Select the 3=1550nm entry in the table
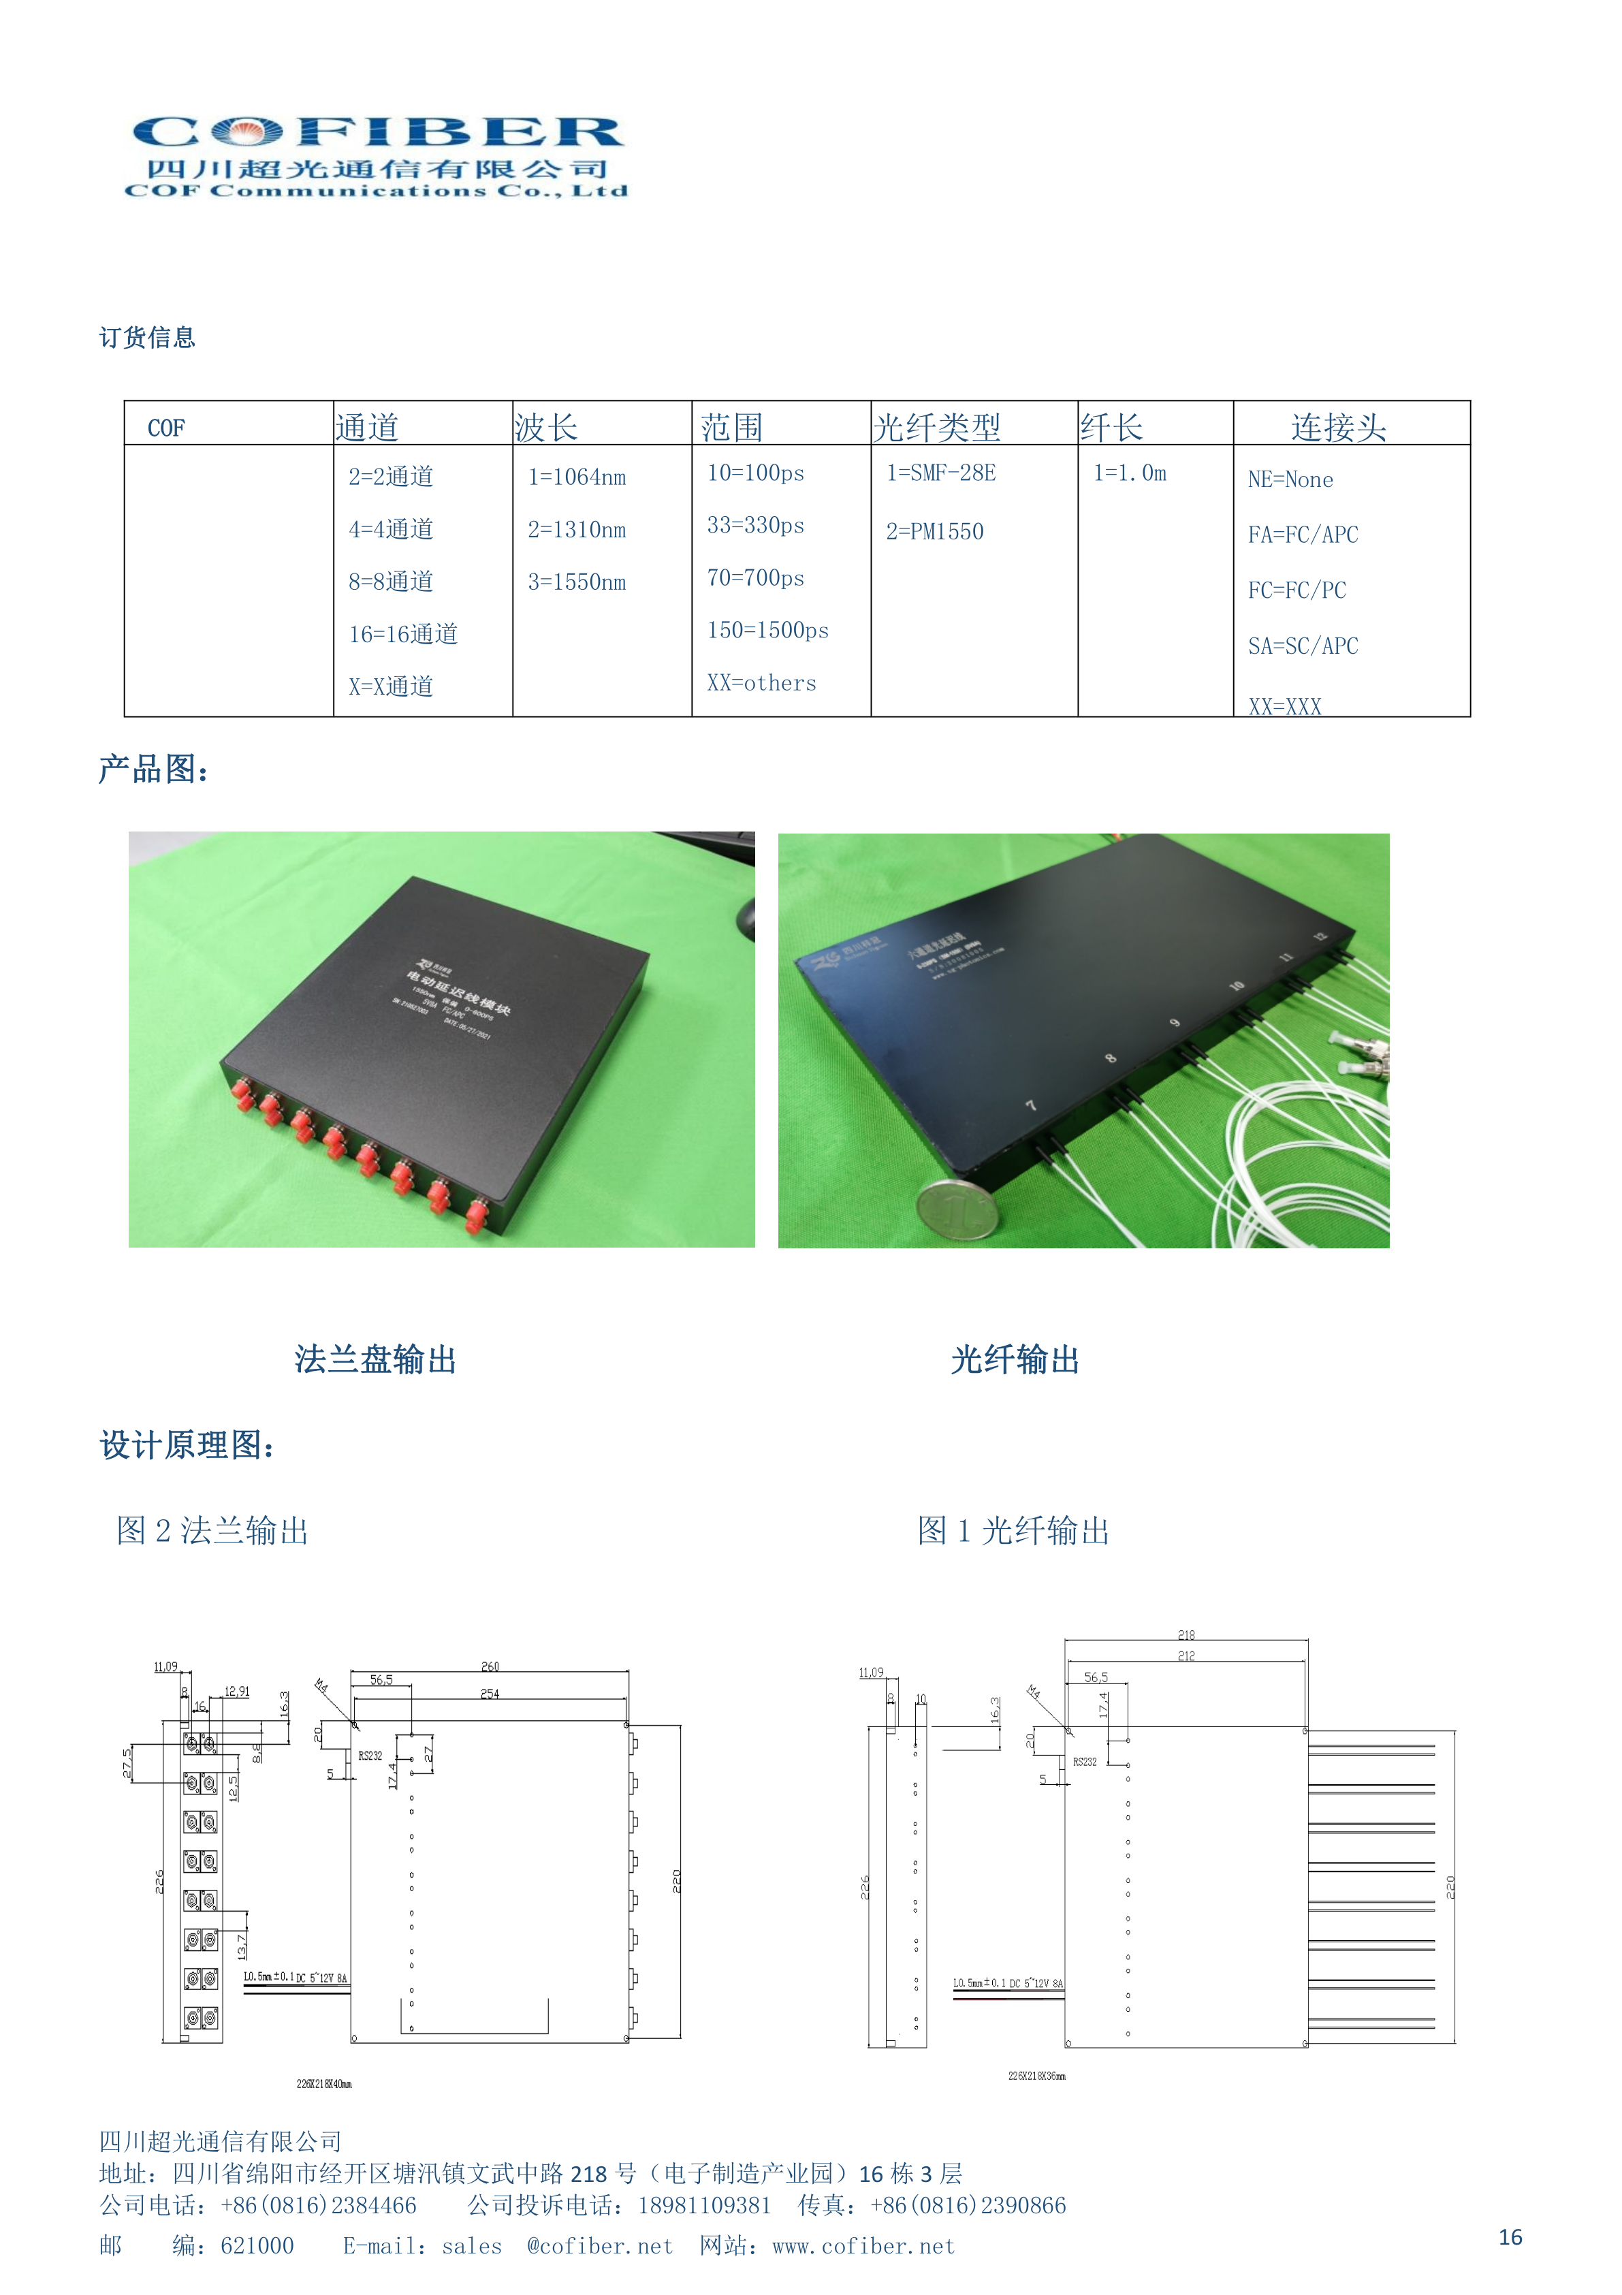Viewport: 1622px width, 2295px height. click(x=577, y=582)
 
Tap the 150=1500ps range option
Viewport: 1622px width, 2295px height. click(x=767, y=631)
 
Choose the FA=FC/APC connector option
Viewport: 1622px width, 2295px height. click(x=1302, y=535)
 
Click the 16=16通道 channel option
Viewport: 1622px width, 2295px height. click(x=402, y=635)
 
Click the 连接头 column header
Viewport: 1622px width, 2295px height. click(x=1338, y=428)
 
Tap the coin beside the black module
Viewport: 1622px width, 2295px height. click(x=958, y=1209)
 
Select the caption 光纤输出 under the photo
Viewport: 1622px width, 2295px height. click(x=1015, y=1359)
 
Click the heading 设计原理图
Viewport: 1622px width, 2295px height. click(x=187, y=1445)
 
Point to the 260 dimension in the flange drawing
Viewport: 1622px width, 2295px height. click(x=490, y=1666)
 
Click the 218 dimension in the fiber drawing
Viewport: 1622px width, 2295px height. click(x=1186, y=1635)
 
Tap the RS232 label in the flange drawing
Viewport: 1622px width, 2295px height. click(x=370, y=1755)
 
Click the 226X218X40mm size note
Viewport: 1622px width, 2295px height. click(x=324, y=2084)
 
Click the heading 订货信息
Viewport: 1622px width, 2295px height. click(x=147, y=338)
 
